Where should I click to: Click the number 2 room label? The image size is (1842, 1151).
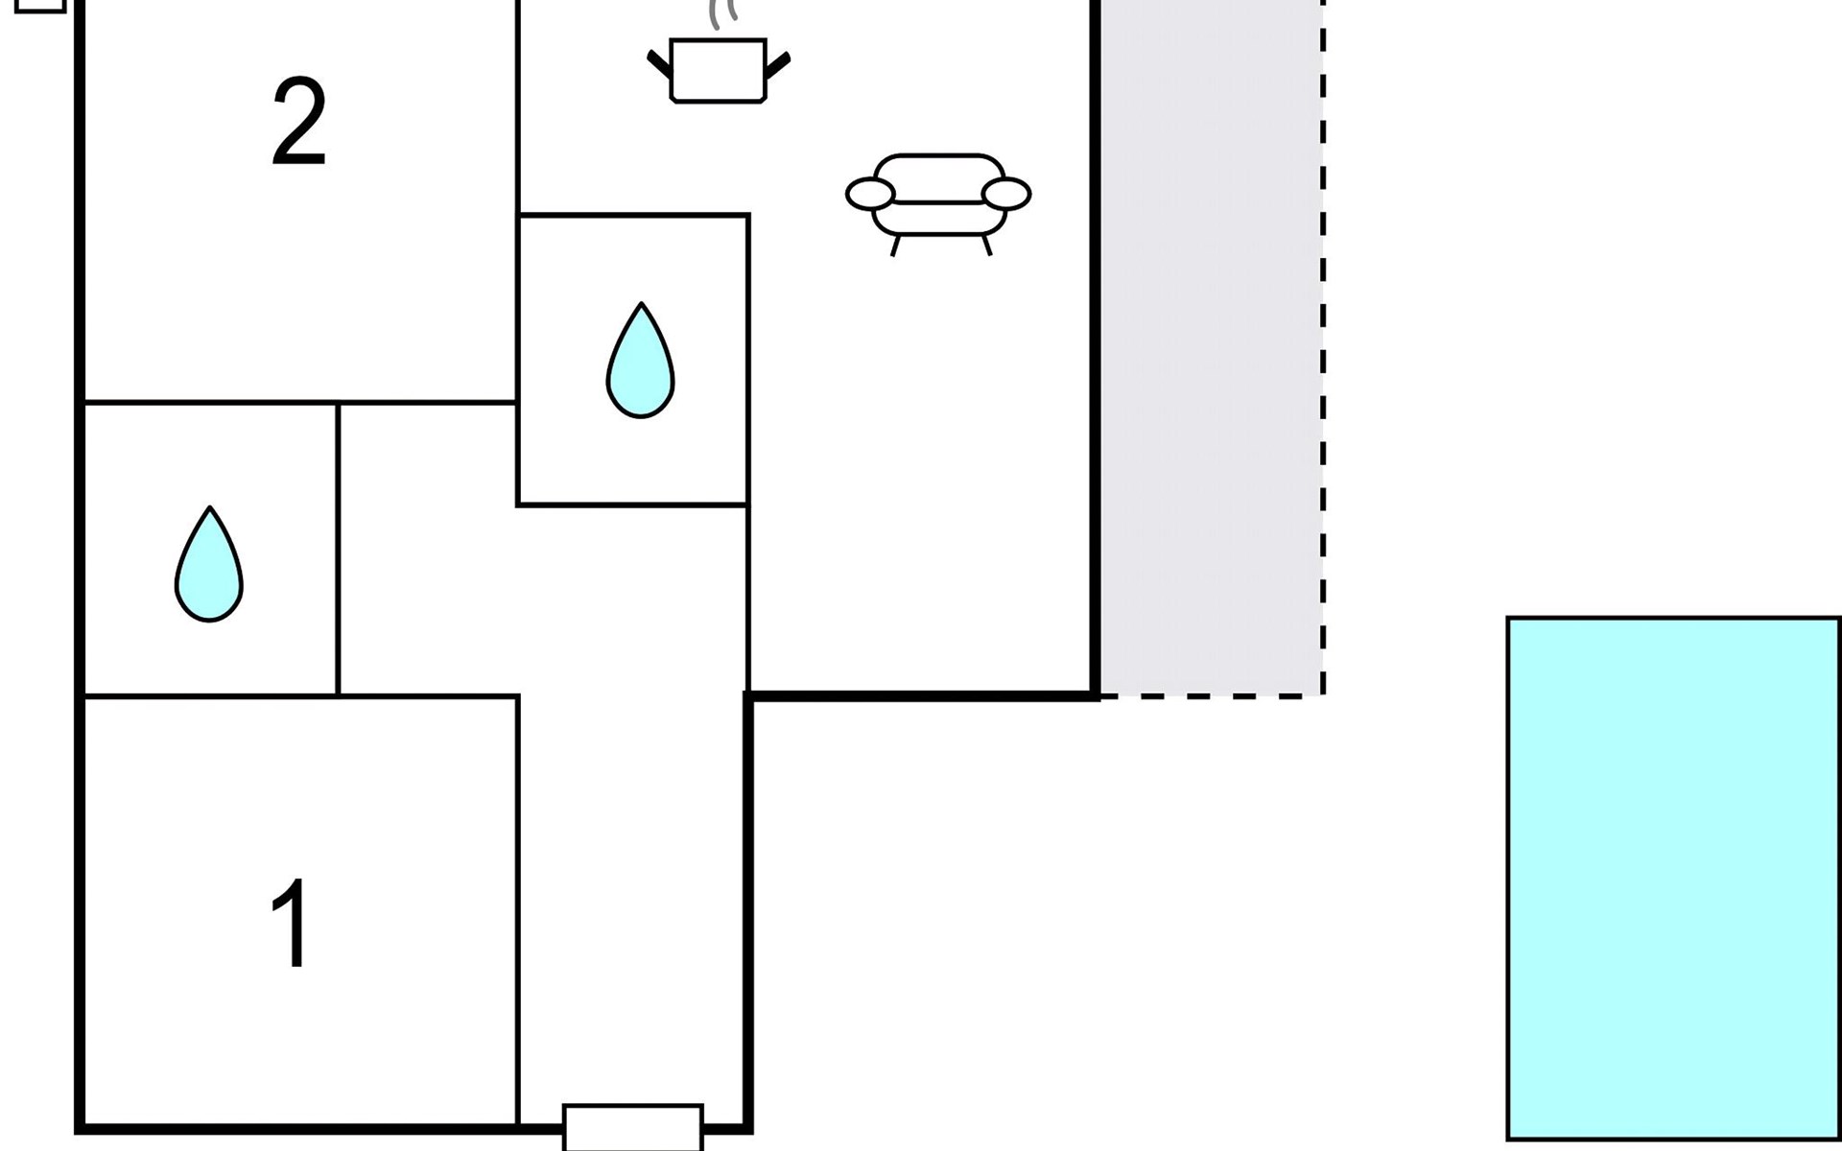coord(299,123)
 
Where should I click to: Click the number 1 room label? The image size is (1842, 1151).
coord(291,925)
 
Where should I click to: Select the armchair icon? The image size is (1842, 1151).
coord(938,204)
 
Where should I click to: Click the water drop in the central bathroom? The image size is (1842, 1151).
coord(640,361)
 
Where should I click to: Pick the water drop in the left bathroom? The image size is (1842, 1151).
coord(209,565)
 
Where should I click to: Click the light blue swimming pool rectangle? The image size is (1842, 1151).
coord(1674,879)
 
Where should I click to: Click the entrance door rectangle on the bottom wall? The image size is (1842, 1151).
coord(633,1127)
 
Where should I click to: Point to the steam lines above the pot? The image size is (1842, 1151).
coord(723,14)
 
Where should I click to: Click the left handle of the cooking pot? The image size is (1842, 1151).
coord(659,64)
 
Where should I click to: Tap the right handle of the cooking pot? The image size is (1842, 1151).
coord(778,64)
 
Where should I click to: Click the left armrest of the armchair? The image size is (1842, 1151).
coord(870,194)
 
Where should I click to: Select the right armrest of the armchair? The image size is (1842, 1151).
coord(1006,194)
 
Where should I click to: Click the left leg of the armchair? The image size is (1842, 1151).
coord(896,246)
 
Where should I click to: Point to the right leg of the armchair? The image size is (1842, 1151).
coord(985,245)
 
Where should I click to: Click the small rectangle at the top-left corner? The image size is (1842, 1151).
coord(41,5)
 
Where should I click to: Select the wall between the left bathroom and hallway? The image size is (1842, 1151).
coord(339,550)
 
